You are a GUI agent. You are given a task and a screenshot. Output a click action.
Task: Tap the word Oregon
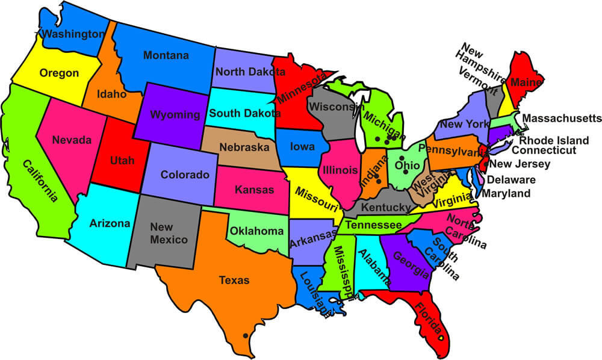pos(59,73)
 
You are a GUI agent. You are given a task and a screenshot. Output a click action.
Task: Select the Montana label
pos(166,55)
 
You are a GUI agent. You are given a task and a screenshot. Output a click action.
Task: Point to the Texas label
pos(234,280)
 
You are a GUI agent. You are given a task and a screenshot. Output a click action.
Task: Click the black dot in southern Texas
pos(245,335)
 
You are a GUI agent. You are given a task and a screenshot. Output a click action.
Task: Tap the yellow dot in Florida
pos(441,338)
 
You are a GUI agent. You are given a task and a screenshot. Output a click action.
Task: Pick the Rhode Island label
pos(554,140)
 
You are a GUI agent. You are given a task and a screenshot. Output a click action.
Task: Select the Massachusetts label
pos(562,117)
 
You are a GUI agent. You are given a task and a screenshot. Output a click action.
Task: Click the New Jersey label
pos(520,164)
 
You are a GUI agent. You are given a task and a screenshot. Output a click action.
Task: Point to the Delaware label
pos(511,179)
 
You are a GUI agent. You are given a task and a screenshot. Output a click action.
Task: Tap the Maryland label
pos(506,194)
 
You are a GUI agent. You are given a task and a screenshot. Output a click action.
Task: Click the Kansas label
pos(253,190)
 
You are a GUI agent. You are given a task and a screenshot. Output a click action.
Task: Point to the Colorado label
pos(185,175)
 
